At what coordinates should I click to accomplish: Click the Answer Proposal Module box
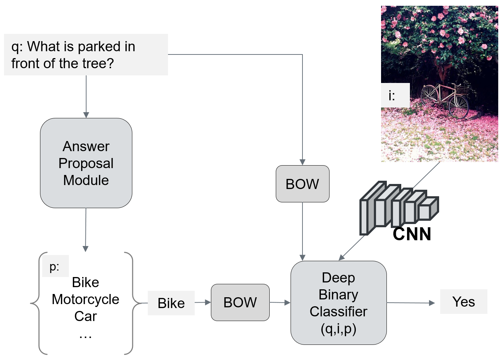click(86, 163)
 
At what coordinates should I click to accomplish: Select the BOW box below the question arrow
click(302, 184)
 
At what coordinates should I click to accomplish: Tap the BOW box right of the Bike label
click(240, 302)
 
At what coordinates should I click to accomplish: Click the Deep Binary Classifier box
click(339, 303)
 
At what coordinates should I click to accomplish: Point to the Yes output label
click(464, 302)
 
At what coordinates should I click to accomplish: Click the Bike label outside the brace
click(171, 303)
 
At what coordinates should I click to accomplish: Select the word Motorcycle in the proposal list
click(85, 299)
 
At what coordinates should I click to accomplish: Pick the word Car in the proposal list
click(86, 316)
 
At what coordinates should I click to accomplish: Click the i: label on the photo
click(392, 96)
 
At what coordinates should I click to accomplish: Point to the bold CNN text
click(412, 234)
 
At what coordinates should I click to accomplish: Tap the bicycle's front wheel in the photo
click(458, 107)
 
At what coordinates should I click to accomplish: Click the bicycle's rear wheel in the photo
click(429, 96)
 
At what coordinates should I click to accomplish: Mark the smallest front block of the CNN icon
click(428, 209)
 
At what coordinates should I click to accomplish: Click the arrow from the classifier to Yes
click(411, 303)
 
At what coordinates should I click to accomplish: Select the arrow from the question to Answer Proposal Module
click(86, 97)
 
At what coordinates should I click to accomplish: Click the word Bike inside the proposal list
click(85, 282)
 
